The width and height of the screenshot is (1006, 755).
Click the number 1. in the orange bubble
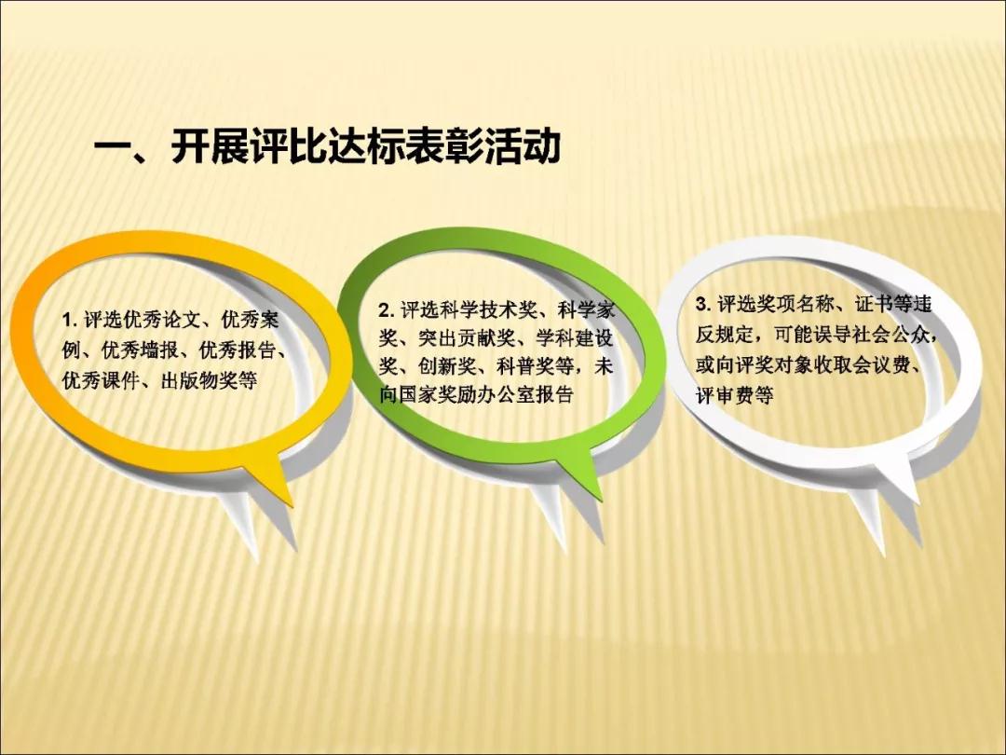coord(69,320)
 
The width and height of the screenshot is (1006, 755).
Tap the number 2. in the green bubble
coord(385,310)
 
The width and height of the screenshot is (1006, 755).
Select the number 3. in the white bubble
coord(703,304)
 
